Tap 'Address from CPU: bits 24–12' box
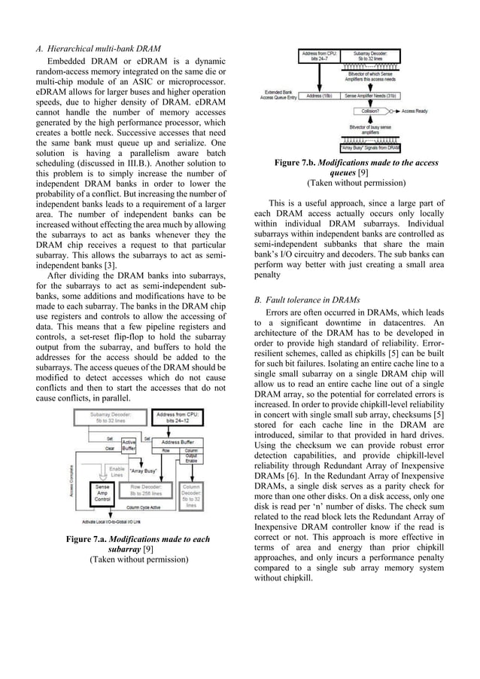coord(179,418)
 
